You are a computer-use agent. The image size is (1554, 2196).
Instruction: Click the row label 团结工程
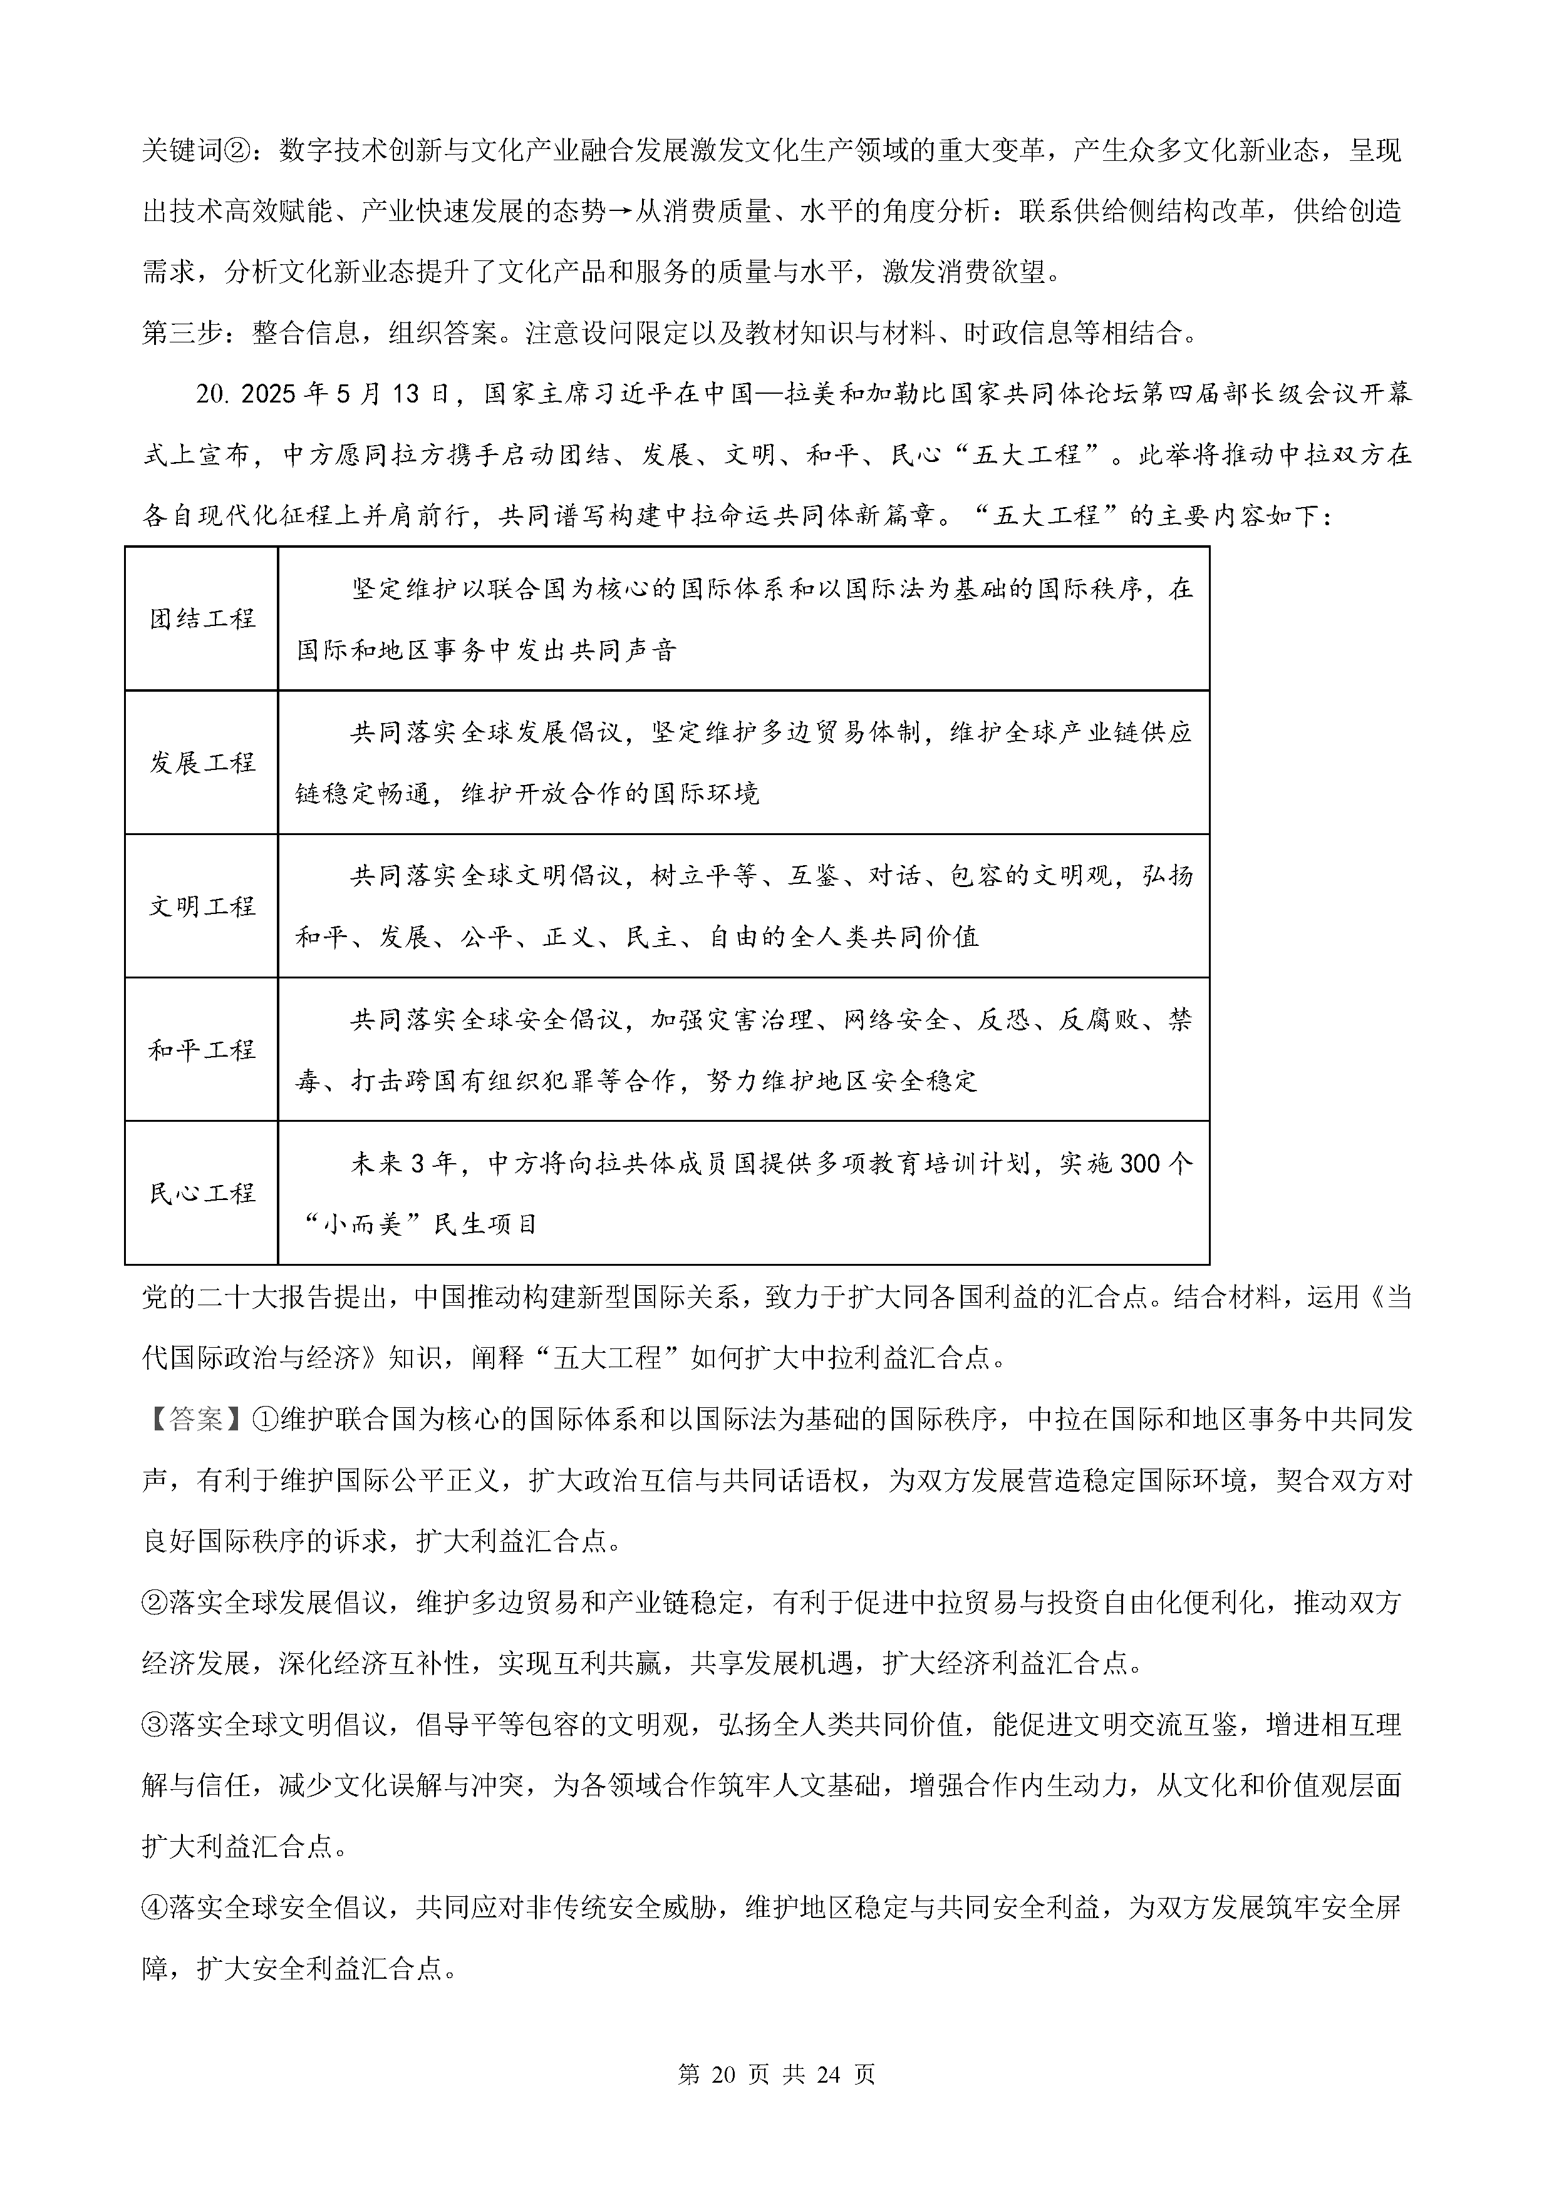pos(202,619)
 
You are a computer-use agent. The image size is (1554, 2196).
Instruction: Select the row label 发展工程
pos(202,762)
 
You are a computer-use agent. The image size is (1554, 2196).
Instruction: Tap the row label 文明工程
pos(202,906)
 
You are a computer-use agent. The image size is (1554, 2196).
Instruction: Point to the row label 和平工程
pos(202,1049)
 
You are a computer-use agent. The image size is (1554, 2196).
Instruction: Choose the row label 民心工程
pos(202,1193)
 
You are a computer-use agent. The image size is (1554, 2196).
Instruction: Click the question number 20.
pos(214,394)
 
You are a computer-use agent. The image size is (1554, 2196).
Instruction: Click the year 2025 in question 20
pos(270,394)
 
